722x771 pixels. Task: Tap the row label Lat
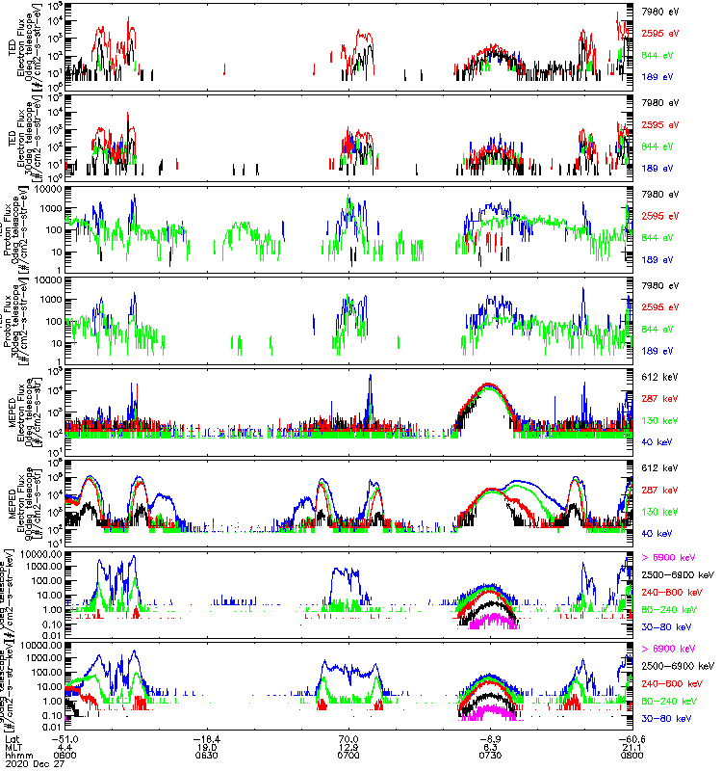13,736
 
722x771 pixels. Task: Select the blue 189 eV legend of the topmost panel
658,75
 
